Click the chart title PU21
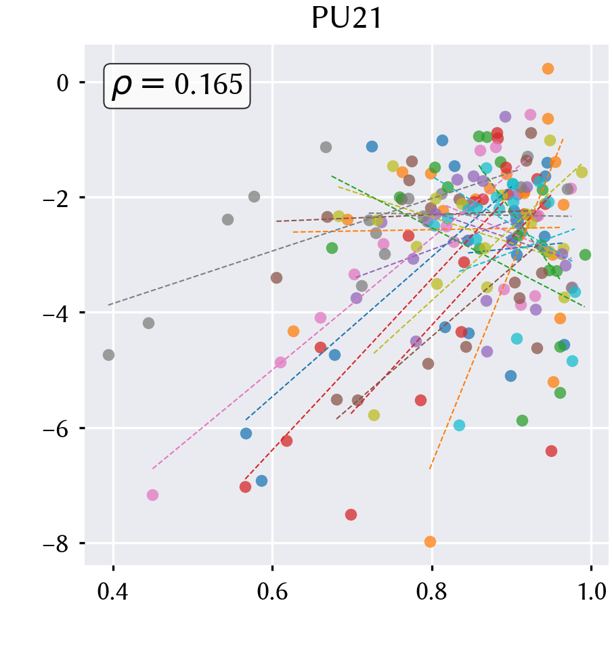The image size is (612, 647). (347, 18)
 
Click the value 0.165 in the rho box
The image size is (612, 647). (209, 85)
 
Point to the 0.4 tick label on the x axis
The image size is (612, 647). (113, 592)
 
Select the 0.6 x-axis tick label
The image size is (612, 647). (272, 592)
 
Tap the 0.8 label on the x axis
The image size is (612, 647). (432, 592)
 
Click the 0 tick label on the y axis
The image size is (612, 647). (62, 83)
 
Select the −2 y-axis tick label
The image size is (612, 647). (56, 198)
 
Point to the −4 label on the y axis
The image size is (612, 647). (56, 313)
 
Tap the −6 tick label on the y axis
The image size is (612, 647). (56, 428)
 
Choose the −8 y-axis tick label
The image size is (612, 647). (56, 544)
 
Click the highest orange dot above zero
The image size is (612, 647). (548, 69)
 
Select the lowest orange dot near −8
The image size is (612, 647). (430, 542)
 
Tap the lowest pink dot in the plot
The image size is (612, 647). (153, 495)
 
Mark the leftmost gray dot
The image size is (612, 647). (108, 355)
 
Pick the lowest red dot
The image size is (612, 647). (351, 515)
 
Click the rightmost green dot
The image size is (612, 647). (585, 255)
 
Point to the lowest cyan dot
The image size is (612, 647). (459, 426)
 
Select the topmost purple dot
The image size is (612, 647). (505, 117)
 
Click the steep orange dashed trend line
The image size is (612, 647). (496, 304)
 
